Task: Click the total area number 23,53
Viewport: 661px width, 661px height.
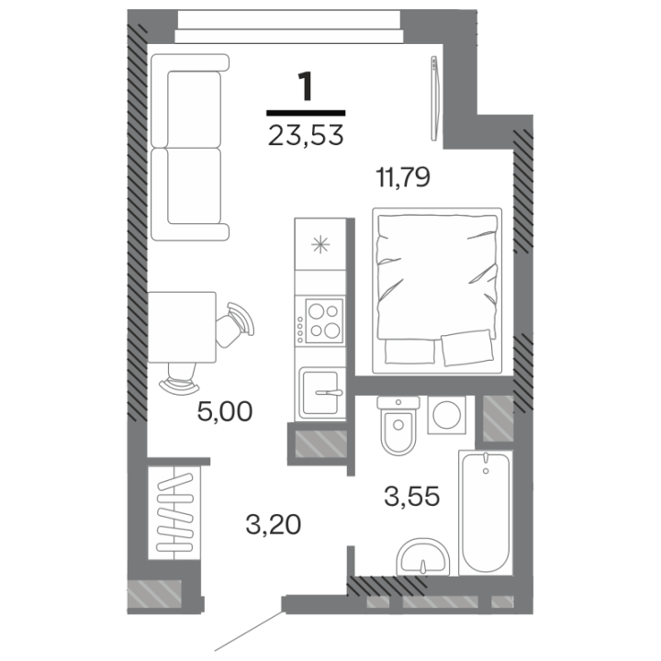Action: (x=306, y=136)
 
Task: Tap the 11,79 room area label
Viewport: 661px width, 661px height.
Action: (x=403, y=177)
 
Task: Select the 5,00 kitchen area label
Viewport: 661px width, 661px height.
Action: (x=225, y=412)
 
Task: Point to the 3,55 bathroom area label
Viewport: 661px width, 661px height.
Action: (x=412, y=496)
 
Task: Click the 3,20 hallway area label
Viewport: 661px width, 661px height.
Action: (x=274, y=525)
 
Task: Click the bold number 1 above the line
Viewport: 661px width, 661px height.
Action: (x=305, y=86)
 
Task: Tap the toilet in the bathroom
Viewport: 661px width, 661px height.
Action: (x=398, y=425)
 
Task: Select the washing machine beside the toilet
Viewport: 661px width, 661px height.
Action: (x=446, y=415)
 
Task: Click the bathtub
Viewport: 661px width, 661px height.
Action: (x=486, y=512)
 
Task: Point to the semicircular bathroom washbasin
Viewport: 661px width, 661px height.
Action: (x=423, y=557)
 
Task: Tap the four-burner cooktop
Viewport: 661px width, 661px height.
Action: (x=320, y=322)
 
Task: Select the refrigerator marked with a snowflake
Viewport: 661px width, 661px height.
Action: (x=320, y=244)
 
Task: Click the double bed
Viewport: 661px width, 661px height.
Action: (x=437, y=290)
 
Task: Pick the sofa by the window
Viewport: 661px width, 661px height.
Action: (x=189, y=147)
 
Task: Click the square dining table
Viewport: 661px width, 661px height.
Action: (x=182, y=327)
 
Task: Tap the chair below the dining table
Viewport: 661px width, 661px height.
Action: (x=180, y=379)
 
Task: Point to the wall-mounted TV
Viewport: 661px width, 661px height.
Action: (x=435, y=98)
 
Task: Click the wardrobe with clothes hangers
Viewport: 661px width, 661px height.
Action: (x=174, y=512)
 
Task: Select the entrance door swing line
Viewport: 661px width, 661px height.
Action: (x=248, y=631)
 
